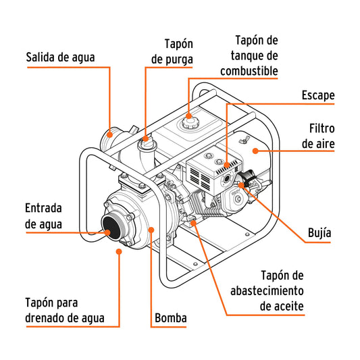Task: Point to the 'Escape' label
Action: click(317, 95)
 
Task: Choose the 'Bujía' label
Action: click(319, 233)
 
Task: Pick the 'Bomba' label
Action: click(170, 317)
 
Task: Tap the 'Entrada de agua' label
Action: click(44, 215)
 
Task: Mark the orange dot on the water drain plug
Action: click(120, 252)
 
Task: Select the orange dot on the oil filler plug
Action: click(195, 221)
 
